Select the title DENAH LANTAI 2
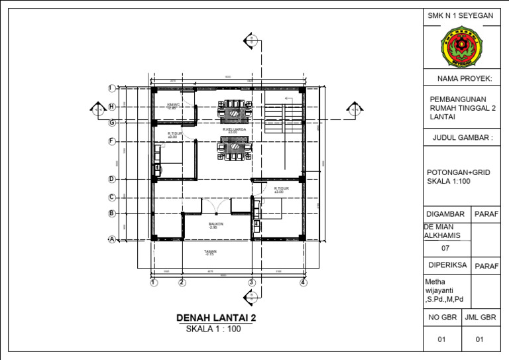click(x=216, y=318)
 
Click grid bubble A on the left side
click(x=112, y=240)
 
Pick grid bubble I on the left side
click(x=112, y=88)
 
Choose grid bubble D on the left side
click(x=112, y=179)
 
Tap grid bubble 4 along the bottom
click(x=303, y=283)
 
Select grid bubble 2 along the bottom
click(x=181, y=283)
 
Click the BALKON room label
click(x=216, y=225)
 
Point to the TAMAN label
click(x=211, y=252)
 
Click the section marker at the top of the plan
click(x=251, y=40)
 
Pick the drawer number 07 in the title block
click(x=446, y=249)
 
